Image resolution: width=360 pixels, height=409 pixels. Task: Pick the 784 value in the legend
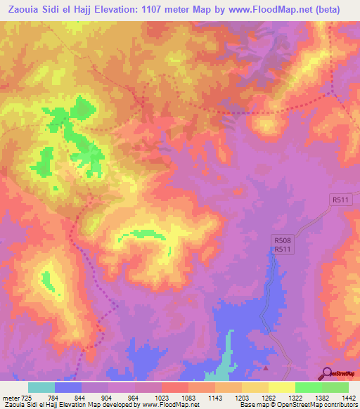click(x=54, y=397)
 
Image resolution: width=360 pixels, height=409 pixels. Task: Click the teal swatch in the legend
click(x=41, y=387)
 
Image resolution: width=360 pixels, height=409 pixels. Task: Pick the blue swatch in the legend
click(x=68, y=387)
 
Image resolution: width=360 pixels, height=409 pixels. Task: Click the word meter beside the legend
click(x=10, y=397)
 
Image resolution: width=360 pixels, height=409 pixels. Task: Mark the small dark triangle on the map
click(x=266, y=368)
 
